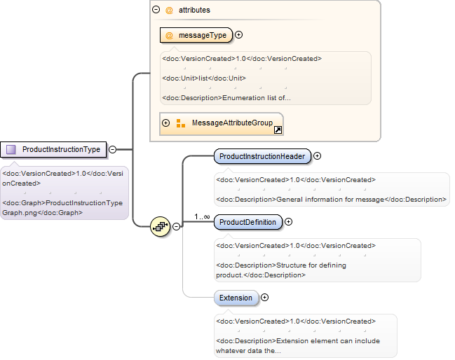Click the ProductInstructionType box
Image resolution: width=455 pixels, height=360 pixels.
pyautogui.click(x=53, y=150)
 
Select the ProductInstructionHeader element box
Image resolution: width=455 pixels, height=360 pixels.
pyautogui.click(x=262, y=156)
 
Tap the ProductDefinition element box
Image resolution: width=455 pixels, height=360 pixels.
pyautogui.click(x=247, y=222)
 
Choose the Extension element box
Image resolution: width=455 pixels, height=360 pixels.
pyautogui.click(x=236, y=298)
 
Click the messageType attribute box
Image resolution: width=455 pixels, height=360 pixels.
pyautogui.click(x=196, y=35)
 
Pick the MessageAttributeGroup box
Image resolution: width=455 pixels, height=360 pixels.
pyautogui.click(x=222, y=124)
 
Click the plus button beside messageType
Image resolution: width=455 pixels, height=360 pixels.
pyautogui.click(x=238, y=35)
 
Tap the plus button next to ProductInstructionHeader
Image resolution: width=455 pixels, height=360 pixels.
pyautogui.click(x=317, y=156)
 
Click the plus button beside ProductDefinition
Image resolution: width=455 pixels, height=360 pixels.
pyautogui.click(x=288, y=222)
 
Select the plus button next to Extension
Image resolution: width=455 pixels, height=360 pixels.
pyautogui.click(x=264, y=298)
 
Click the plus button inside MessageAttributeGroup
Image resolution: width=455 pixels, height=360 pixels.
pyautogui.click(x=165, y=123)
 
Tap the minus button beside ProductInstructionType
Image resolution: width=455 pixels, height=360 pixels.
pyautogui.click(x=113, y=150)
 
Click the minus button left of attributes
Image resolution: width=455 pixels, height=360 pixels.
pyautogui.click(x=156, y=10)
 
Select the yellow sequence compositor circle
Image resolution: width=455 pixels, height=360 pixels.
pyautogui.click(x=160, y=226)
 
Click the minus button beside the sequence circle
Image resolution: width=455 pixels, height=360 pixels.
pyautogui.click(x=176, y=226)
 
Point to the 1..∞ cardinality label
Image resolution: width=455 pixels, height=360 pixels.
pyautogui.click(x=202, y=217)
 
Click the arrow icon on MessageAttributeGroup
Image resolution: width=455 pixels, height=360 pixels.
pyautogui.click(x=278, y=130)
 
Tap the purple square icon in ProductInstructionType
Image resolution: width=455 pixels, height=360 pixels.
pyautogui.click(x=11, y=150)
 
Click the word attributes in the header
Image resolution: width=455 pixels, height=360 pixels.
pyautogui.click(x=194, y=10)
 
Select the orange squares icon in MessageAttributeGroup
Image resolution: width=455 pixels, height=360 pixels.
pyautogui.click(x=181, y=123)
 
